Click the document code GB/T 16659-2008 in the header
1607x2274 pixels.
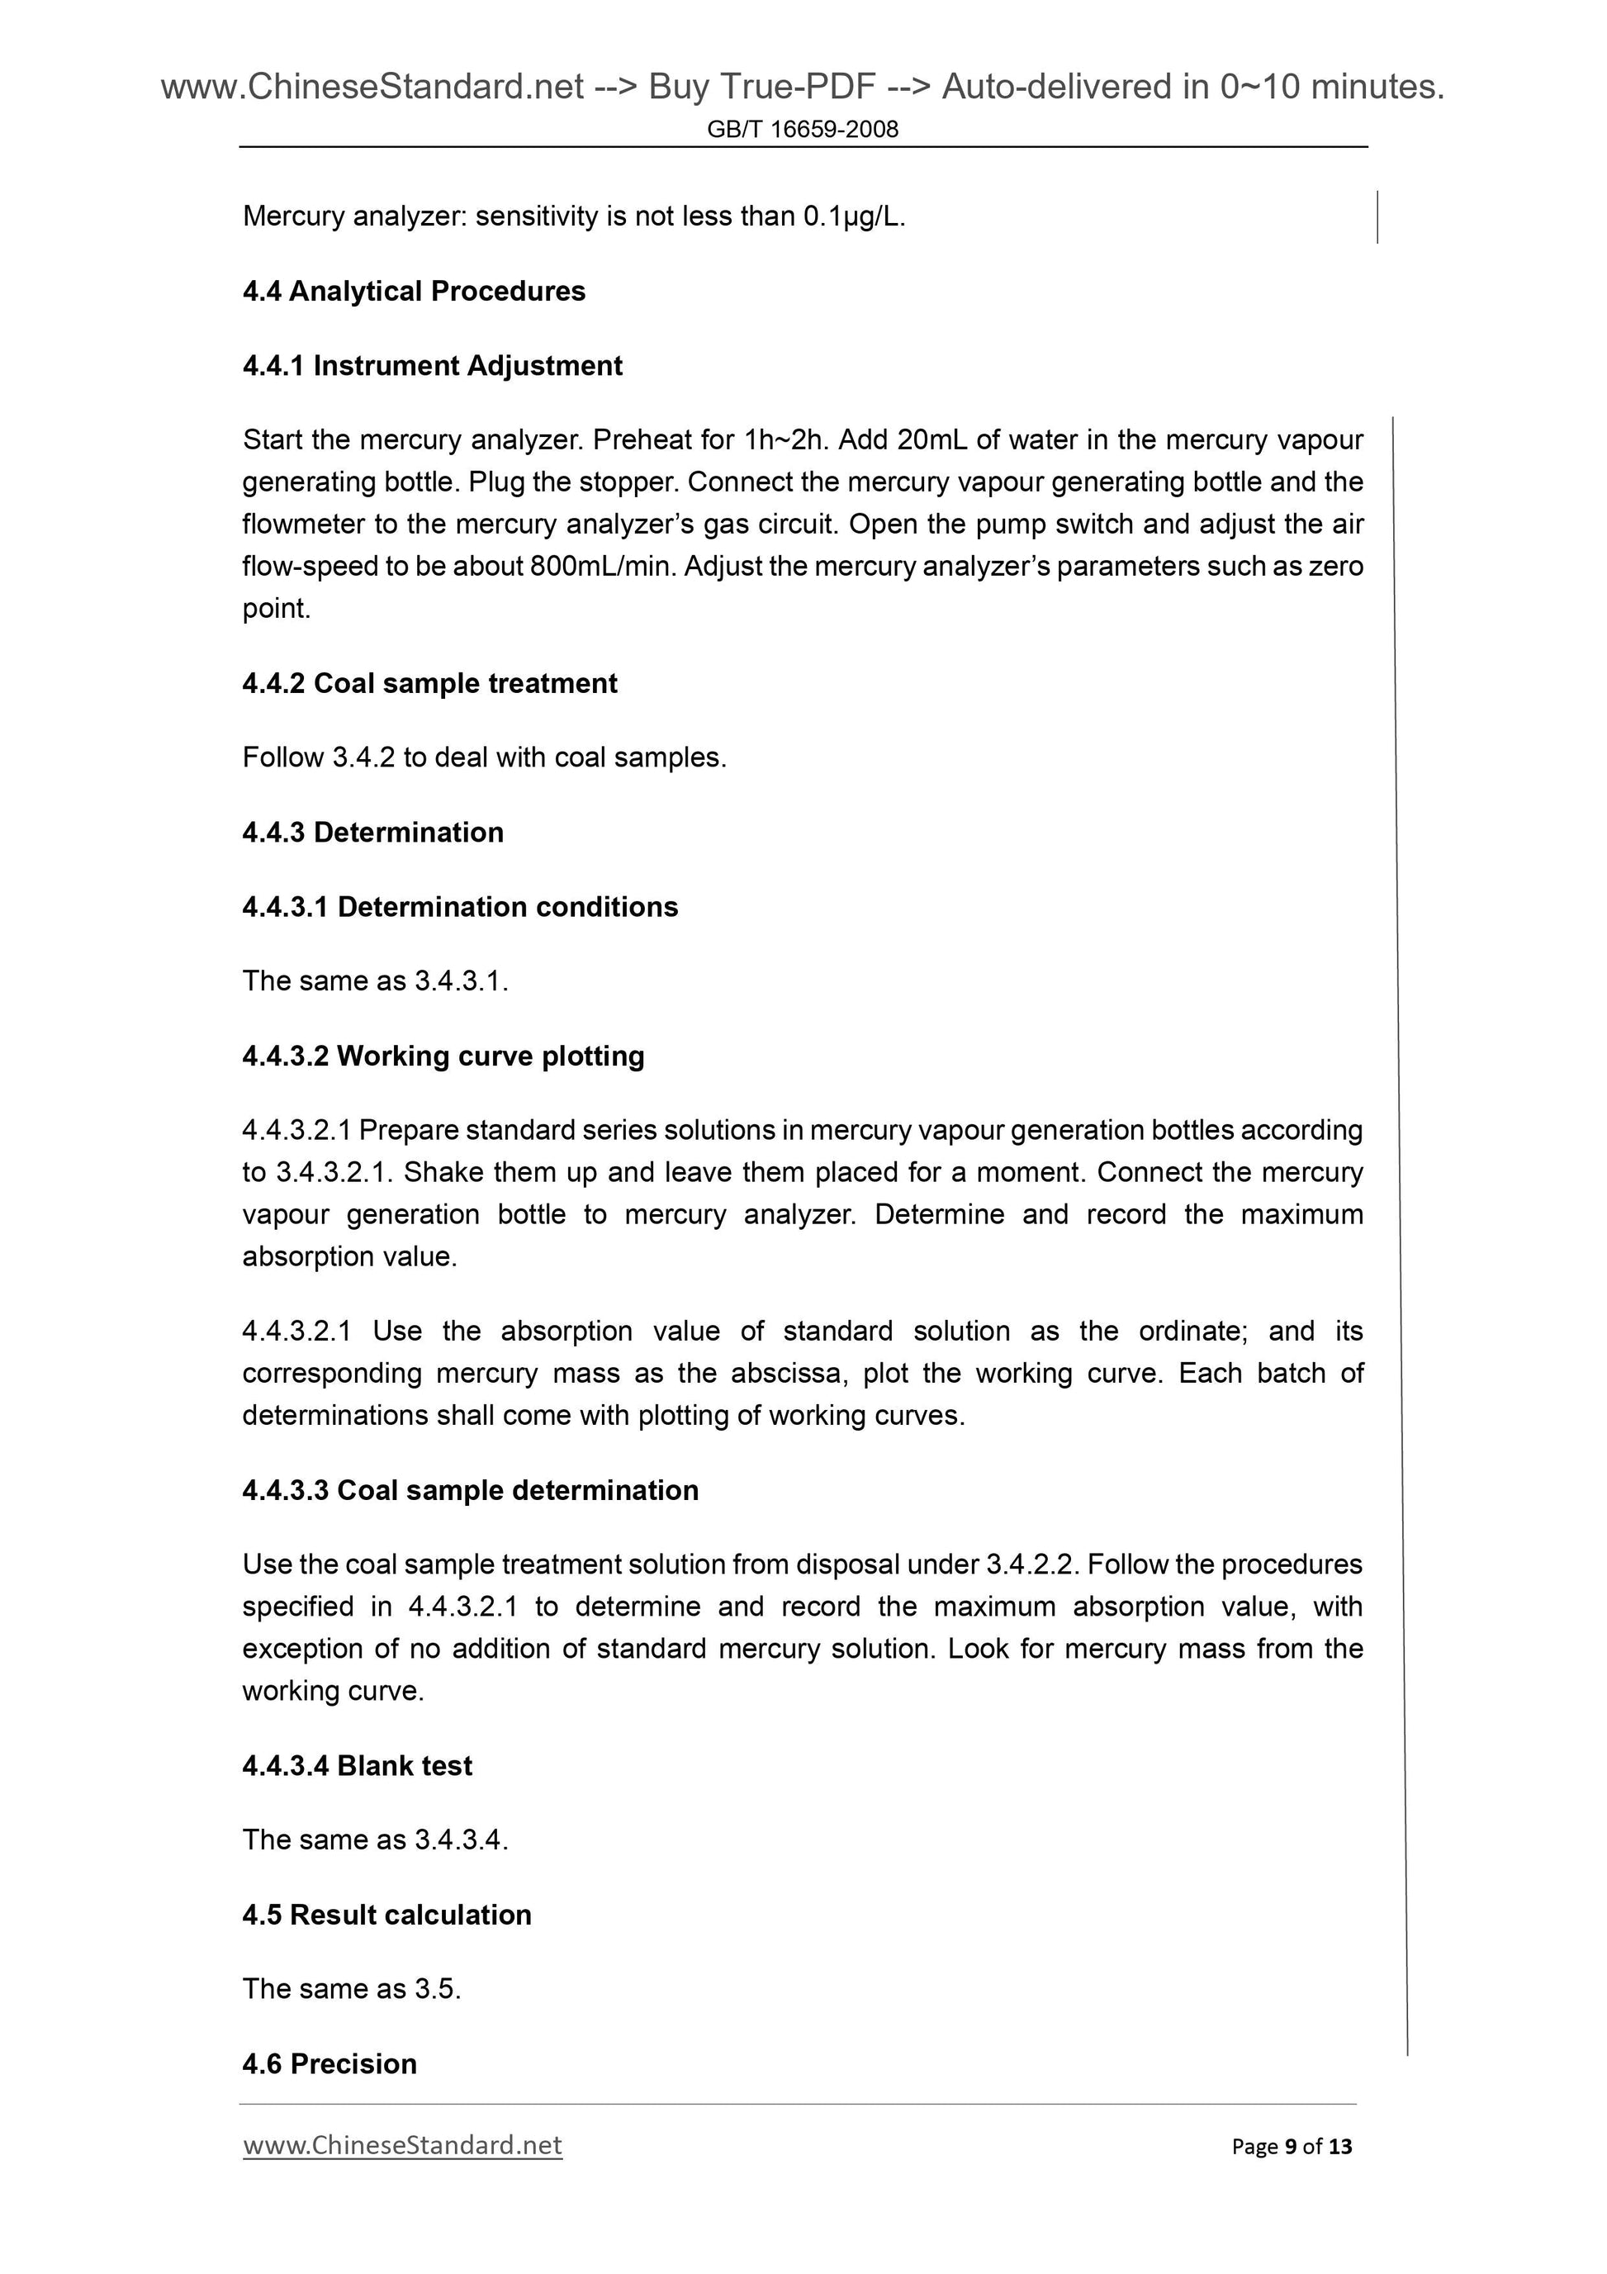click(802, 130)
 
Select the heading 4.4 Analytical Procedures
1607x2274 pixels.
click(414, 292)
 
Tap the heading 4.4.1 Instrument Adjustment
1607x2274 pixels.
click(432, 365)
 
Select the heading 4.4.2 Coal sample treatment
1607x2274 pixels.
click(429, 683)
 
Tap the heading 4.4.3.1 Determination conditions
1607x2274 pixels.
click(459, 907)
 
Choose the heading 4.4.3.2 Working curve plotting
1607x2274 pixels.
click(443, 1056)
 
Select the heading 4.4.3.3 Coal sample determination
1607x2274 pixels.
click(471, 1491)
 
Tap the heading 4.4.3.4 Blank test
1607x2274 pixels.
click(358, 1766)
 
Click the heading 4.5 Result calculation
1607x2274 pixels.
click(386, 1915)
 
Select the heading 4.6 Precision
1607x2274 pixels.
click(329, 2064)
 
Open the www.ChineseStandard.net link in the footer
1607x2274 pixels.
click(402, 2145)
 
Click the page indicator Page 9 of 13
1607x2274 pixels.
click(1292, 2146)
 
